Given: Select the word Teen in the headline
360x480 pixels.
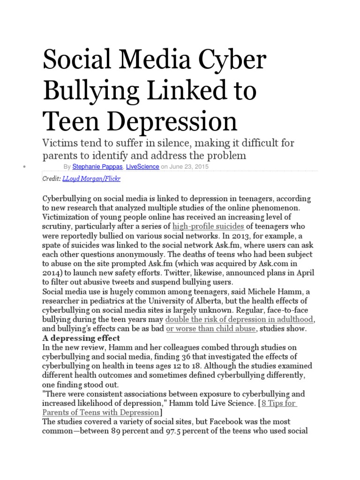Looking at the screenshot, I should pos(74,120).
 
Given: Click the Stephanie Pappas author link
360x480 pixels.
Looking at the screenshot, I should pos(93,166).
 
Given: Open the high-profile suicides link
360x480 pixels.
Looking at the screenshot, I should pos(208,226).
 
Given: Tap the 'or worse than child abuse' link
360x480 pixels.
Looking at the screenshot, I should pos(211,329).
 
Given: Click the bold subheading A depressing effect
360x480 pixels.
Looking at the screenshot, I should pos(82,338).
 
